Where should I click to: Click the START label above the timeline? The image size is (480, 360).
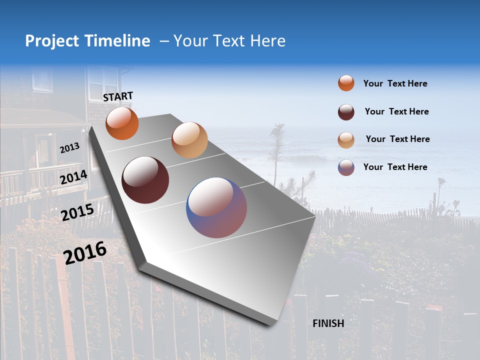pyautogui.click(x=118, y=96)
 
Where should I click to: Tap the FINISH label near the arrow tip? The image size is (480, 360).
pyautogui.click(x=328, y=323)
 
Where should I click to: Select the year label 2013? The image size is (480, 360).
pyautogui.click(x=69, y=147)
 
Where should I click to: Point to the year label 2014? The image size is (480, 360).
pyautogui.click(x=73, y=177)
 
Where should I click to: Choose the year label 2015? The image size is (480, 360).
pyautogui.click(x=77, y=212)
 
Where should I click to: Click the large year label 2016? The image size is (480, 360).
pyautogui.click(x=85, y=252)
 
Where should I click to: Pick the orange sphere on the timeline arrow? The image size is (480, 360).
pyautogui.click(x=122, y=123)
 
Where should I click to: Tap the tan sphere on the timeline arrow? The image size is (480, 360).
pyautogui.click(x=189, y=139)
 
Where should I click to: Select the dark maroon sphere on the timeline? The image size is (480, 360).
pyautogui.click(x=145, y=179)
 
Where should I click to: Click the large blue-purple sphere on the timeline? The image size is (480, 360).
pyautogui.click(x=216, y=207)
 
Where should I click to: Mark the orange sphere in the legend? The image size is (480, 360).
pyautogui.click(x=346, y=83)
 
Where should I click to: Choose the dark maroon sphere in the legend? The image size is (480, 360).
pyautogui.click(x=346, y=111)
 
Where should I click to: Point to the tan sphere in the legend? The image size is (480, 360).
pyautogui.click(x=346, y=139)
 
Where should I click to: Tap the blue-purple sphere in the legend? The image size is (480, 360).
pyautogui.click(x=346, y=167)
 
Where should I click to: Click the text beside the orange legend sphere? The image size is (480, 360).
pyautogui.click(x=395, y=83)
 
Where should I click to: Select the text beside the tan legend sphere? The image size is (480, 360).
pyautogui.click(x=397, y=139)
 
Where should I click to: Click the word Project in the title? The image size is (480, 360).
pyautogui.click(x=52, y=41)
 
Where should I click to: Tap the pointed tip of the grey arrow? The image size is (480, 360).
pyautogui.click(x=270, y=324)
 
